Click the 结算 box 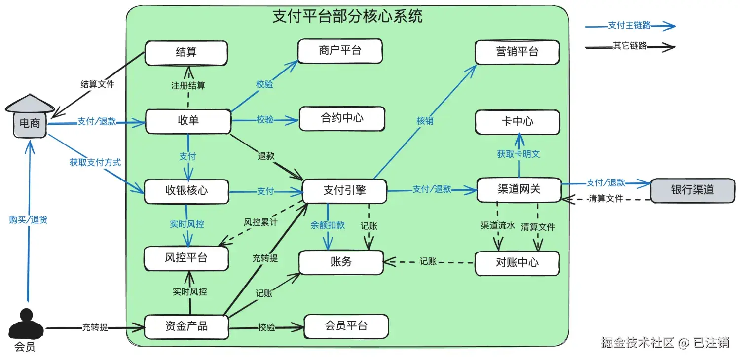click(186, 53)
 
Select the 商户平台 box click(340, 51)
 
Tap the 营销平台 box click(517, 52)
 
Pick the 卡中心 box click(518, 122)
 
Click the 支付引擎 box click(344, 191)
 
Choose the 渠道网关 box click(519, 190)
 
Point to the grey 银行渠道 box click(693, 190)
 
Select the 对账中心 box click(517, 263)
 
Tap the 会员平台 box click(346, 326)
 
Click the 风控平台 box click(186, 258)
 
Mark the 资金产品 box click(186, 326)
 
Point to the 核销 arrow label click(425, 121)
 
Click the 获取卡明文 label click(518, 154)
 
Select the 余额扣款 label click(328, 225)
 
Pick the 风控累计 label click(260, 222)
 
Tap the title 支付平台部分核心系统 click(347, 16)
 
